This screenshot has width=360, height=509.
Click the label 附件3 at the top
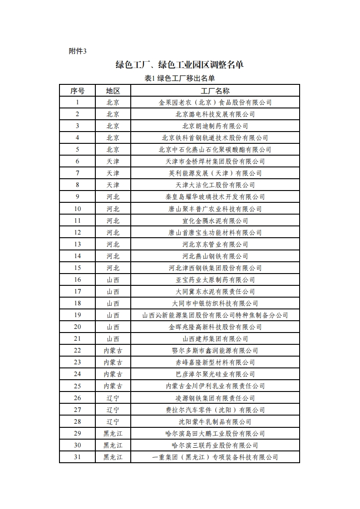[x=77, y=51]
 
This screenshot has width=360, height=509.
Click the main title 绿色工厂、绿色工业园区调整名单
[x=179, y=64]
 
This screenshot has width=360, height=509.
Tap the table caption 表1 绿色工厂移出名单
[x=179, y=78]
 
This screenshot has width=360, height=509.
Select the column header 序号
[x=77, y=91]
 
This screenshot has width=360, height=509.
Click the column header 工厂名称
[x=215, y=91]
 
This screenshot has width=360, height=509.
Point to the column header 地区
[x=113, y=91]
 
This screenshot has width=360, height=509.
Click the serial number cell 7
[x=77, y=173]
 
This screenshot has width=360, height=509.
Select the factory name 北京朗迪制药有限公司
[x=215, y=126]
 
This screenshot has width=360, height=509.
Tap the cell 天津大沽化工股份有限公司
[x=215, y=185]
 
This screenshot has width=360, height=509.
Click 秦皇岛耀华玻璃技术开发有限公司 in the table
[x=215, y=197]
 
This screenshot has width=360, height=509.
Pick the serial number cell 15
[x=77, y=268]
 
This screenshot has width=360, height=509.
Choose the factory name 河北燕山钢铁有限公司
[x=215, y=256]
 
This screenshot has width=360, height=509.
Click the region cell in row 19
[x=113, y=315]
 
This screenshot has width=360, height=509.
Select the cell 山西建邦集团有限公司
[x=215, y=339]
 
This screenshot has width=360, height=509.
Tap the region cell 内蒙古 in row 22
[x=113, y=351]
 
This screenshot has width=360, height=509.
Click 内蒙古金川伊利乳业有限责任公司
[x=215, y=386]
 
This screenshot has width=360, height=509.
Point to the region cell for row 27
[x=113, y=410]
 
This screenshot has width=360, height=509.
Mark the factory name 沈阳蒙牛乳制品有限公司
[x=215, y=421]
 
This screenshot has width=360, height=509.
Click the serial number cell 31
[x=77, y=457]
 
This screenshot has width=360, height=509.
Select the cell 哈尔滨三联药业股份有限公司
[x=215, y=445]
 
